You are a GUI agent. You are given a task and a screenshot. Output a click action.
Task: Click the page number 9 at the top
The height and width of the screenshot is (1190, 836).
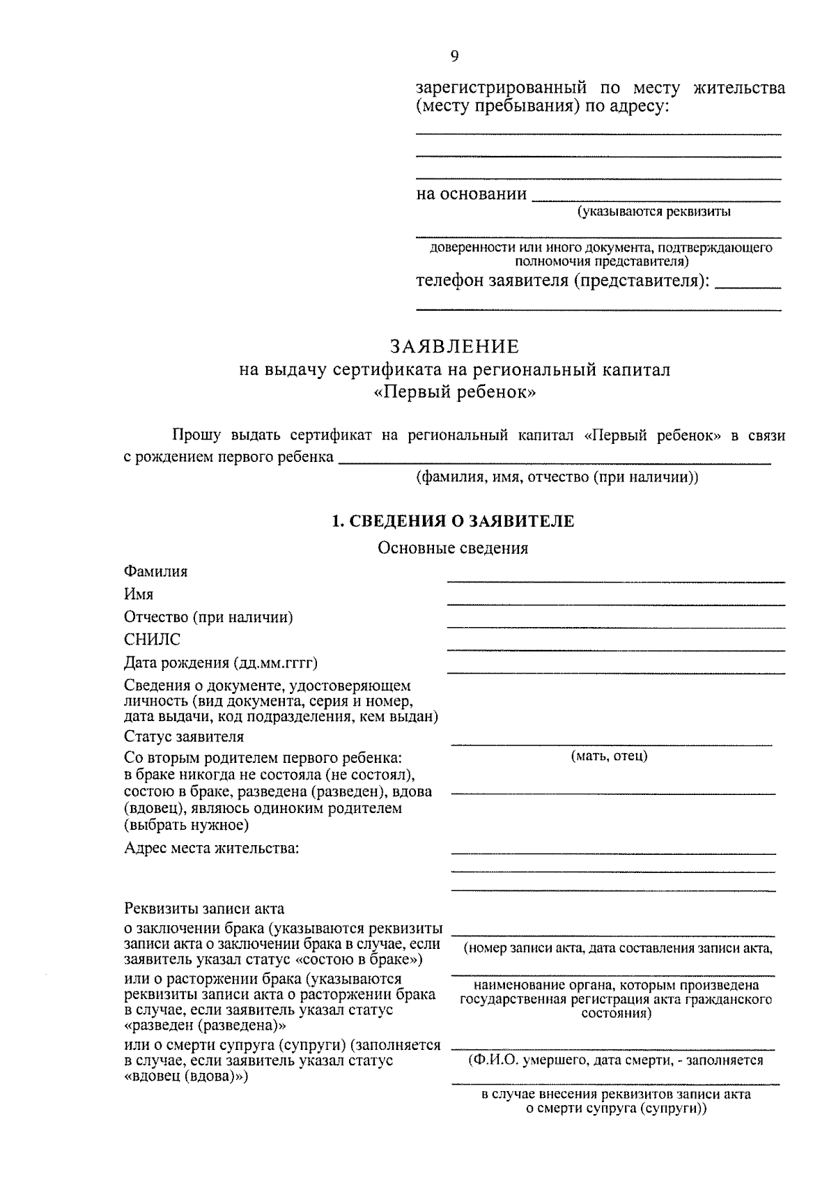[x=454, y=56]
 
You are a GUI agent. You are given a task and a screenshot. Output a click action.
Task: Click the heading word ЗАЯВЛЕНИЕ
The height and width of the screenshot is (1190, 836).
[x=454, y=346]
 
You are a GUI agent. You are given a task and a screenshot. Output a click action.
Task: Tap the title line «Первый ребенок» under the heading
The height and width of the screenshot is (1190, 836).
[x=454, y=392]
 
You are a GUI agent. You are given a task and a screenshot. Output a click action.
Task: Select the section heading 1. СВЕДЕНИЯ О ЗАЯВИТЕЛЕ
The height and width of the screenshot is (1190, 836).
[x=453, y=521]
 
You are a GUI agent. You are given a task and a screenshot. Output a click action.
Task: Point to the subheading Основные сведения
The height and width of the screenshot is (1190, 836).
[x=453, y=548]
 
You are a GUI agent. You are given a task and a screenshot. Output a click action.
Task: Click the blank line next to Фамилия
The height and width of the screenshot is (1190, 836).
[x=615, y=580]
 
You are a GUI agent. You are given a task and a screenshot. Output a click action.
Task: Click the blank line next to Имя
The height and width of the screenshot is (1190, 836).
[x=615, y=603]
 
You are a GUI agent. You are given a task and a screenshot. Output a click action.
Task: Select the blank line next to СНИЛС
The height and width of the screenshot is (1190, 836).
[x=615, y=649]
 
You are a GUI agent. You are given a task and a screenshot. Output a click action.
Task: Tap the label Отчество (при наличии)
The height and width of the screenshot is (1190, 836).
[x=208, y=617]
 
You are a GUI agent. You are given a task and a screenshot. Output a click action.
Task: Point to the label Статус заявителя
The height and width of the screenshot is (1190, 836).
[x=184, y=736]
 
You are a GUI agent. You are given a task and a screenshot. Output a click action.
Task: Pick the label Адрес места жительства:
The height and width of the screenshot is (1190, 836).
[x=212, y=848]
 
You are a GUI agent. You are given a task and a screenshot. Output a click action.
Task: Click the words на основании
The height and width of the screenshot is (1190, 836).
[x=472, y=194]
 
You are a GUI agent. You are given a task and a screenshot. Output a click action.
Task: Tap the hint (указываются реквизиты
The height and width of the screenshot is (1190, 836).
[x=653, y=212]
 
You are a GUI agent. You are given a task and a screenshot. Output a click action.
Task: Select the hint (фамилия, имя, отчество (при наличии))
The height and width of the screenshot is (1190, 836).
[x=557, y=477]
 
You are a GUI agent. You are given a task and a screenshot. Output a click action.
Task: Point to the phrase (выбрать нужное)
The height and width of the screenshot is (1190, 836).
[x=186, y=826]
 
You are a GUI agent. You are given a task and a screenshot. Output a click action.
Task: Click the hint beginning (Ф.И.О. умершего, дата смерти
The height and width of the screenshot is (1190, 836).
[x=615, y=1060]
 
